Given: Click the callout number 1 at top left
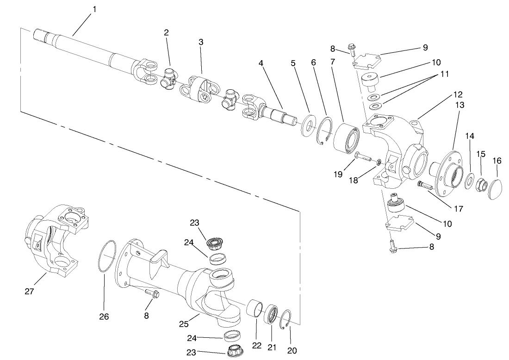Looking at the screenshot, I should pos(95,9).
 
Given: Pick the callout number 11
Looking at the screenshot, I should pos(444,74).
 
